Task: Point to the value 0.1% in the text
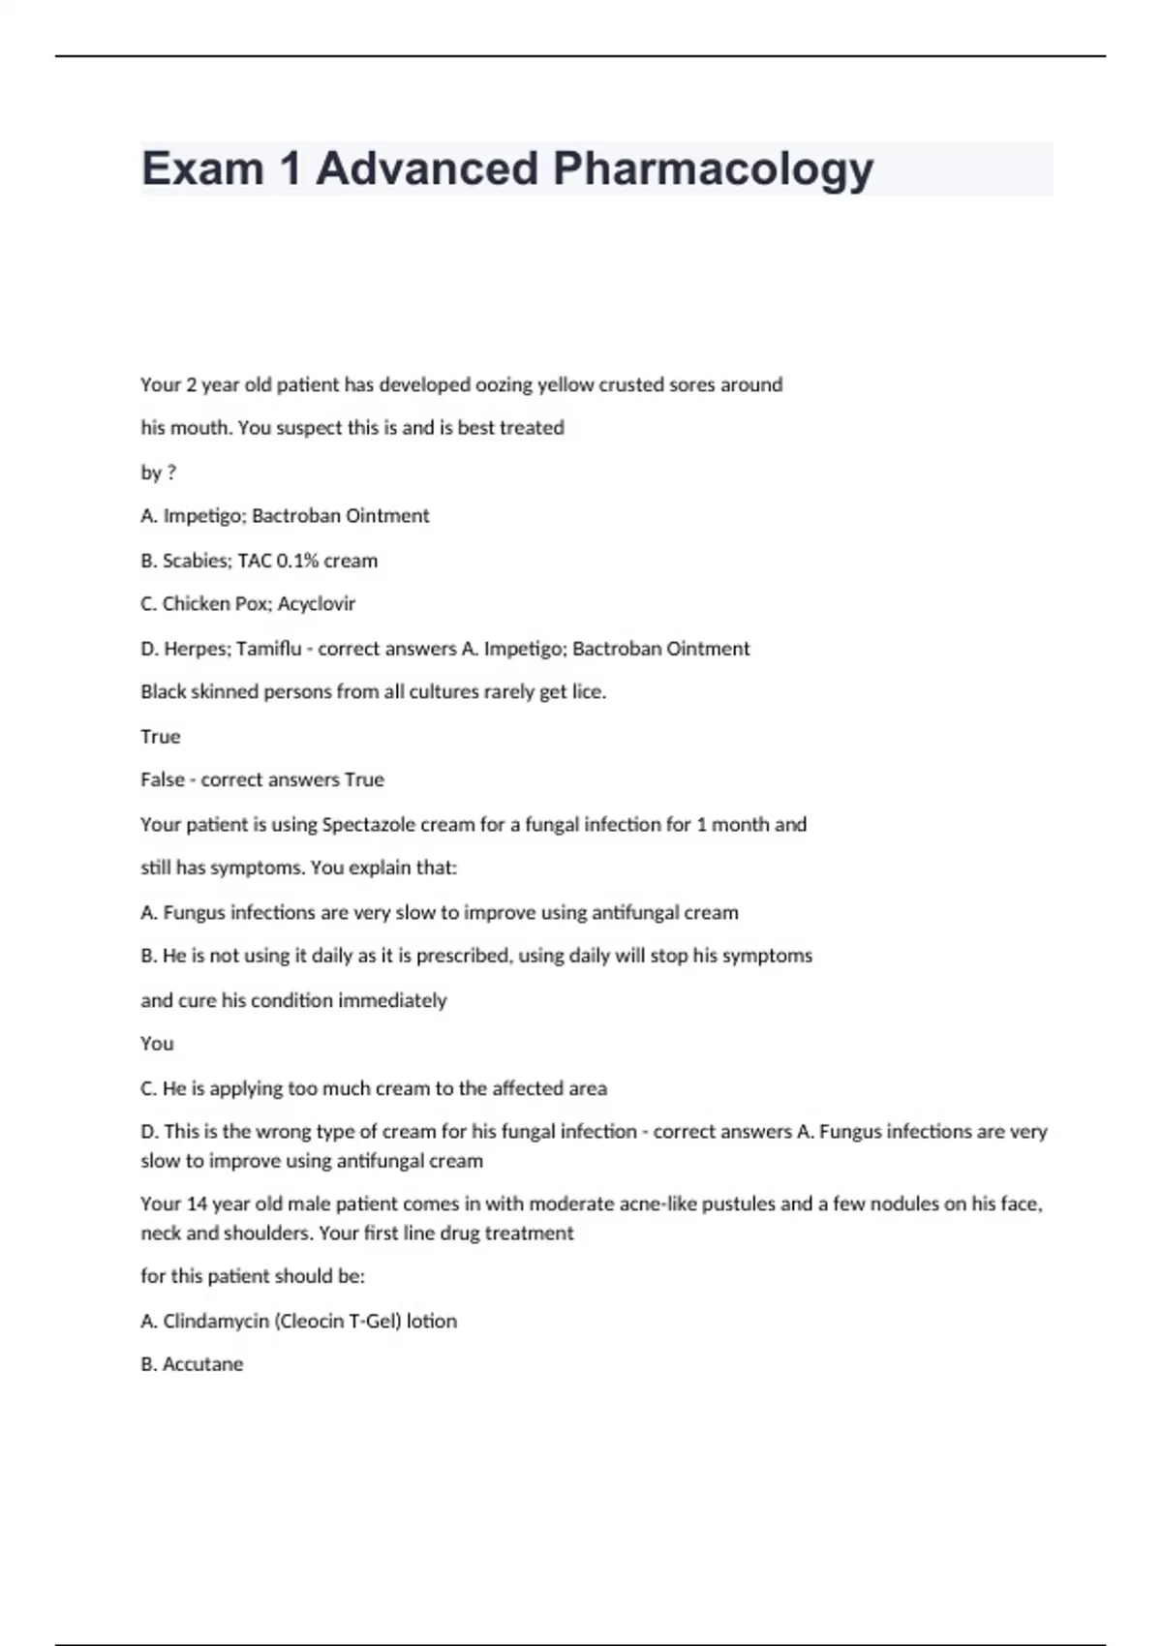click(297, 561)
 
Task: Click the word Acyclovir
click(317, 604)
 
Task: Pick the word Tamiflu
click(268, 649)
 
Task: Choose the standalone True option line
click(161, 737)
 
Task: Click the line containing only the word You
click(157, 1044)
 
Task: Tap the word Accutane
click(202, 1364)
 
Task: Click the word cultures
click(454, 692)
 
